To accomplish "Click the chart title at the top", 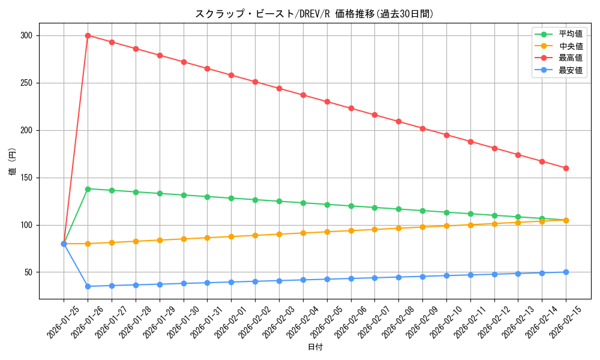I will coord(314,14).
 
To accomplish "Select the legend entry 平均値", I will coord(570,34).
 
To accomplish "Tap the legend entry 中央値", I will coord(570,46).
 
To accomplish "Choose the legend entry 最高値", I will coord(570,58).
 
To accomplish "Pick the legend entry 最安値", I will coord(570,70).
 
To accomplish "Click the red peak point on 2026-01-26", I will coord(88,35).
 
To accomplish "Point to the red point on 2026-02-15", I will coord(566,168).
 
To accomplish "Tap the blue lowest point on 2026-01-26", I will coord(88,286).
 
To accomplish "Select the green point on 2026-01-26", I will coord(88,189).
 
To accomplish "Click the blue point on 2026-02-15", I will coord(566,272).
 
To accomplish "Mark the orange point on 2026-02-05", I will coord(327,232).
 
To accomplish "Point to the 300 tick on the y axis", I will coord(26,35).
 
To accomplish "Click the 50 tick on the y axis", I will coord(28,272).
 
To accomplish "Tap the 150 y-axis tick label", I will coord(26,178).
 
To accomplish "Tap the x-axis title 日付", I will coord(315,347).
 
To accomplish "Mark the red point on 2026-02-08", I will coord(398,121).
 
